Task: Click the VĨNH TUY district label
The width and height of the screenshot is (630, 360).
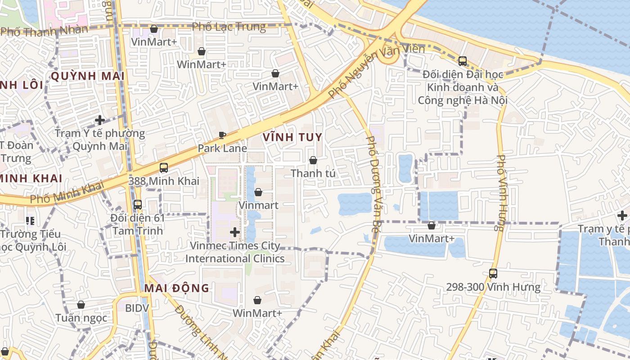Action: (292, 137)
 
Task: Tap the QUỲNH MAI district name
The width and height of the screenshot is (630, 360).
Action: (87, 76)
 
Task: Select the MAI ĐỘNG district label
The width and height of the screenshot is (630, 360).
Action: (177, 288)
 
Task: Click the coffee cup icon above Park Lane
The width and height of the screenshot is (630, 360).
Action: (222, 135)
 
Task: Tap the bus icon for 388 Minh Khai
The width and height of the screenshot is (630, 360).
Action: (164, 168)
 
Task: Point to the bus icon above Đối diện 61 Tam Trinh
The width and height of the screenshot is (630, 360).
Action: (138, 204)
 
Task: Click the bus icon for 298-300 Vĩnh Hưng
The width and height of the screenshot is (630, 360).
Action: (493, 273)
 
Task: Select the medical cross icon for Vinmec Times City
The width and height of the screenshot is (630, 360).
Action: (234, 232)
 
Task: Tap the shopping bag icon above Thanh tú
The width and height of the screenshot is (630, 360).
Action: (313, 160)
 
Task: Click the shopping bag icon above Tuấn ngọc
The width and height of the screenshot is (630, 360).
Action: (81, 305)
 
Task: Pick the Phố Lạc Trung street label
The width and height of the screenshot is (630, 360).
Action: (229, 27)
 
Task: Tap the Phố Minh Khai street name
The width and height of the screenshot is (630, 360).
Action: (67, 192)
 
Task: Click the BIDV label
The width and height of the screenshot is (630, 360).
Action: (137, 308)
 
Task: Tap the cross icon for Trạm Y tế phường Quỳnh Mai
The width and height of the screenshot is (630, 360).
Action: (100, 120)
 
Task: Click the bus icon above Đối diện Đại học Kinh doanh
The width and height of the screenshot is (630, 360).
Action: (462, 61)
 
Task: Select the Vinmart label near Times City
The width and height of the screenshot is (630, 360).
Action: (258, 205)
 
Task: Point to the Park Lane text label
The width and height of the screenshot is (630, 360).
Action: (222, 148)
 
